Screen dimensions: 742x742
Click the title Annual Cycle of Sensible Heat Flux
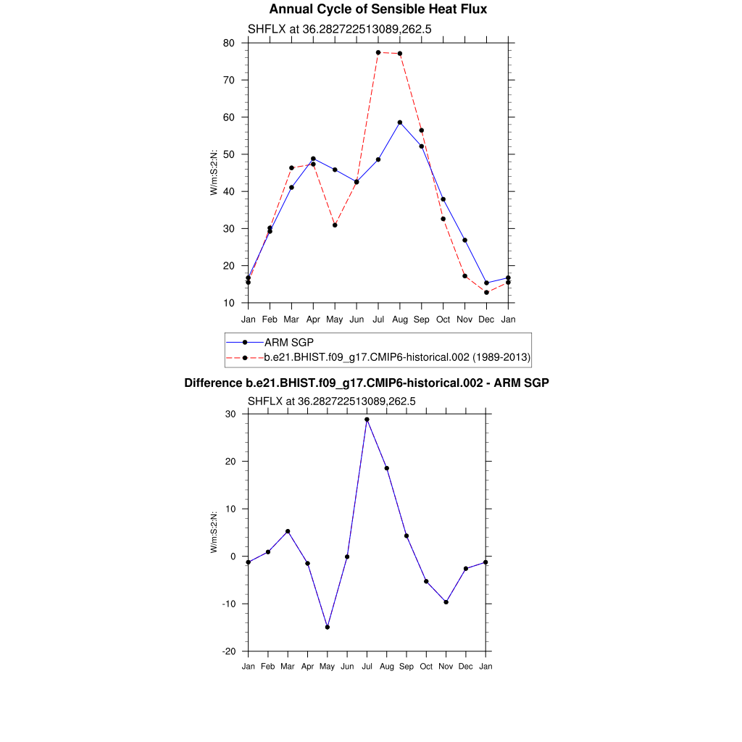[378, 9]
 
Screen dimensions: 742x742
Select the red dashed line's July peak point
[378, 52]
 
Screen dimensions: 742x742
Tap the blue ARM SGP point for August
[400, 122]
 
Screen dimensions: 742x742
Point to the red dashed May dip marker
[335, 225]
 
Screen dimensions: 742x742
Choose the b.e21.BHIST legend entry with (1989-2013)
[397, 357]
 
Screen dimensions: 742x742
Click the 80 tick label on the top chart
[228, 43]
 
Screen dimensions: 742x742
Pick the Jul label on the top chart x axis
[378, 320]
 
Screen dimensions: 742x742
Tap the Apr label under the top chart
[313, 320]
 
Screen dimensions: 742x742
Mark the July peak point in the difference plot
[367, 420]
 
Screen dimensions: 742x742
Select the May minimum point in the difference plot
[328, 628]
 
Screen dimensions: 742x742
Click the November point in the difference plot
[446, 602]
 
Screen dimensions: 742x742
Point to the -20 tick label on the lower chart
[228, 651]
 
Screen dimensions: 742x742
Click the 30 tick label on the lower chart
[230, 414]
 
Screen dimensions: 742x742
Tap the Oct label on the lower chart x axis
[426, 667]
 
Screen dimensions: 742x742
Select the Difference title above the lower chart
[367, 383]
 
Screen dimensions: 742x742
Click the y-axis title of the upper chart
[214, 172]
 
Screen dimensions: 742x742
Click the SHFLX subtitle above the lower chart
[332, 401]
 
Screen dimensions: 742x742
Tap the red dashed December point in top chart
[487, 293]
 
